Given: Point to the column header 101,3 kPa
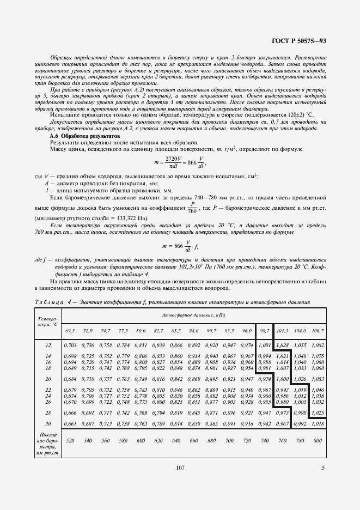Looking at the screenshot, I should [282, 331].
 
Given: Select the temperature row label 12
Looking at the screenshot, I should [48, 345].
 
